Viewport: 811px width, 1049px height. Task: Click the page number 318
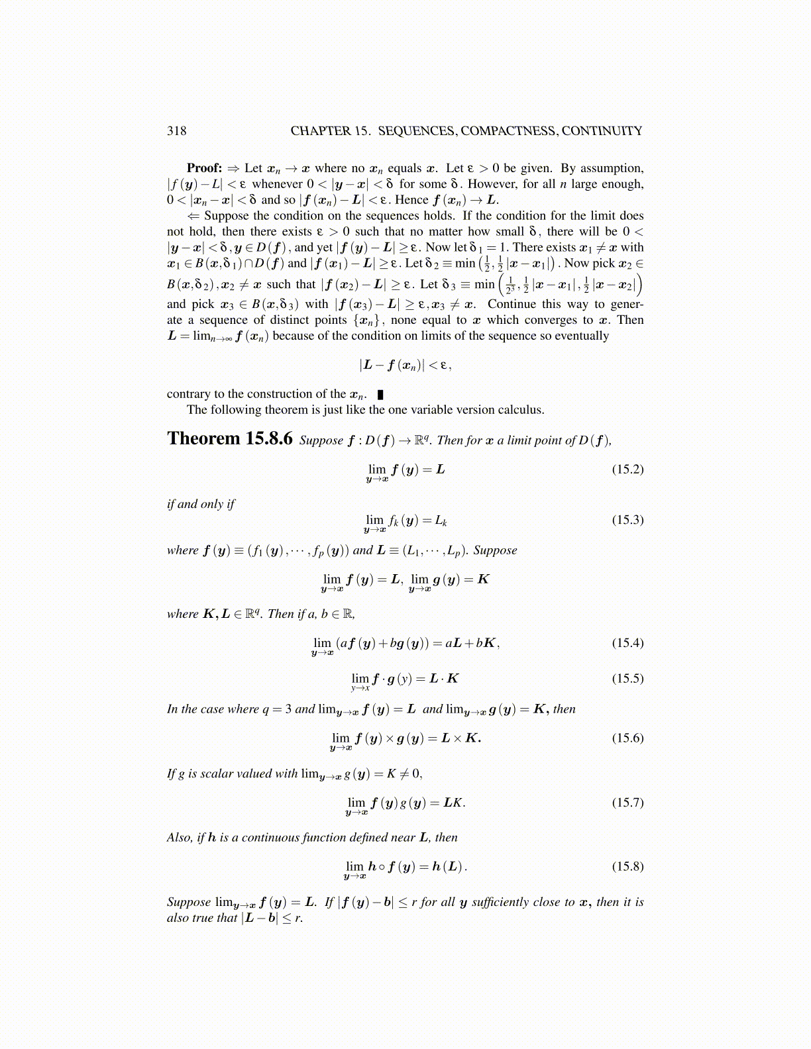176,130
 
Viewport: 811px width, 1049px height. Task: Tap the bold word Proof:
204,168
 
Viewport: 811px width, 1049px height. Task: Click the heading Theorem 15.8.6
229,438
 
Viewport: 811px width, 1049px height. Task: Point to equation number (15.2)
627,470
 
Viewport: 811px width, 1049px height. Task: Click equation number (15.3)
627,520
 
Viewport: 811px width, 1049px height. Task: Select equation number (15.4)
627,643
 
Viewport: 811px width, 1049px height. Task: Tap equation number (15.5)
627,679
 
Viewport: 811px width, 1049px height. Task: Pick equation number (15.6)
627,738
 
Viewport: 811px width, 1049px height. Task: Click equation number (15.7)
627,803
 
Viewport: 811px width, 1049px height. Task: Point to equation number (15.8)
627,867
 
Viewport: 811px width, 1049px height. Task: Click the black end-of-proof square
380,395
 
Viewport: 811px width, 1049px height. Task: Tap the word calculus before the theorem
523,410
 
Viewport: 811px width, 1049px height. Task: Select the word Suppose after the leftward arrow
225,216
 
